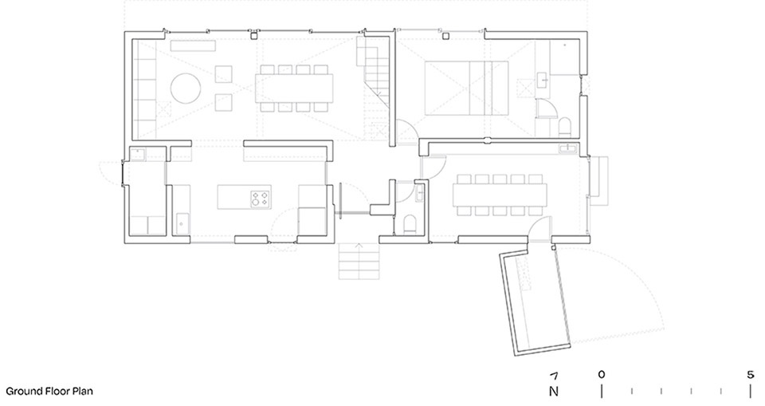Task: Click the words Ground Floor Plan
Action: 49,392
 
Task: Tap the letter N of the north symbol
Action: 554,392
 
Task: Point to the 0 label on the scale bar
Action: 602,375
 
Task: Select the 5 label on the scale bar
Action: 751,375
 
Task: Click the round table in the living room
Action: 186,89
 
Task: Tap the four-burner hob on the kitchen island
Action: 261,199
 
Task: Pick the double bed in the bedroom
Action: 467,88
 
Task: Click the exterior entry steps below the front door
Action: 359,261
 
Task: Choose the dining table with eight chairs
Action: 294,89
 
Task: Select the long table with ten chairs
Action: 500,195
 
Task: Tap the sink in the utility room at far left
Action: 138,154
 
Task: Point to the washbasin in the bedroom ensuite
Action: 543,79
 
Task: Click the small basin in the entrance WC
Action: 420,192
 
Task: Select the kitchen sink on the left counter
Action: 182,223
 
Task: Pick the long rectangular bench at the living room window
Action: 193,46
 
